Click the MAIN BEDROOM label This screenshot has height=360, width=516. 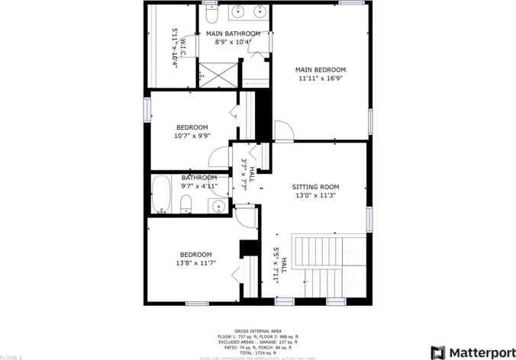click(321, 69)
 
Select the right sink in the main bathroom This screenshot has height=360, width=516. click(260, 11)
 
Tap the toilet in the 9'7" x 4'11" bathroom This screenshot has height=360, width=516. click(185, 203)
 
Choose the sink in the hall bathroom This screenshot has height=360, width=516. click(218, 206)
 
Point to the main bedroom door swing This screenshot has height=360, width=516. click(282, 130)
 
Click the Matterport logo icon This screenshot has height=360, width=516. click(439, 352)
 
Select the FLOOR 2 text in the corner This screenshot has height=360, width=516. click(11, 356)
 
